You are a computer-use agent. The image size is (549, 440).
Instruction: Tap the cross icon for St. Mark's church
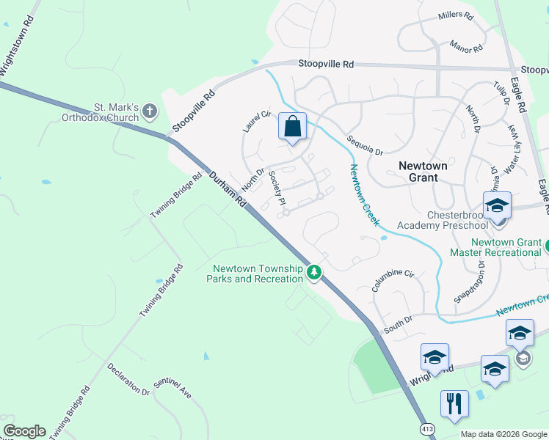point(150,111)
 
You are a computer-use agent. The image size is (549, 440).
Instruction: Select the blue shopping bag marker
point(292,127)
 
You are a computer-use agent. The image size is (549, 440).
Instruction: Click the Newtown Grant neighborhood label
point(423,172)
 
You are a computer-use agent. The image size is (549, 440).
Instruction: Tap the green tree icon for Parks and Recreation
point(314,273)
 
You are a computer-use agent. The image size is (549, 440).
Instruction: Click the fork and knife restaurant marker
point(454,404)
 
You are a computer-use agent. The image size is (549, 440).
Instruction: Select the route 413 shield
point(426,428)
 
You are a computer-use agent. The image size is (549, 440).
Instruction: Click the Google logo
point(24,431)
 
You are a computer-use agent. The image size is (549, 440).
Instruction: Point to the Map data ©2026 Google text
point(503,434)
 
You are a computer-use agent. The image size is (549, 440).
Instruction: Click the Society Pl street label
point(277,188)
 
